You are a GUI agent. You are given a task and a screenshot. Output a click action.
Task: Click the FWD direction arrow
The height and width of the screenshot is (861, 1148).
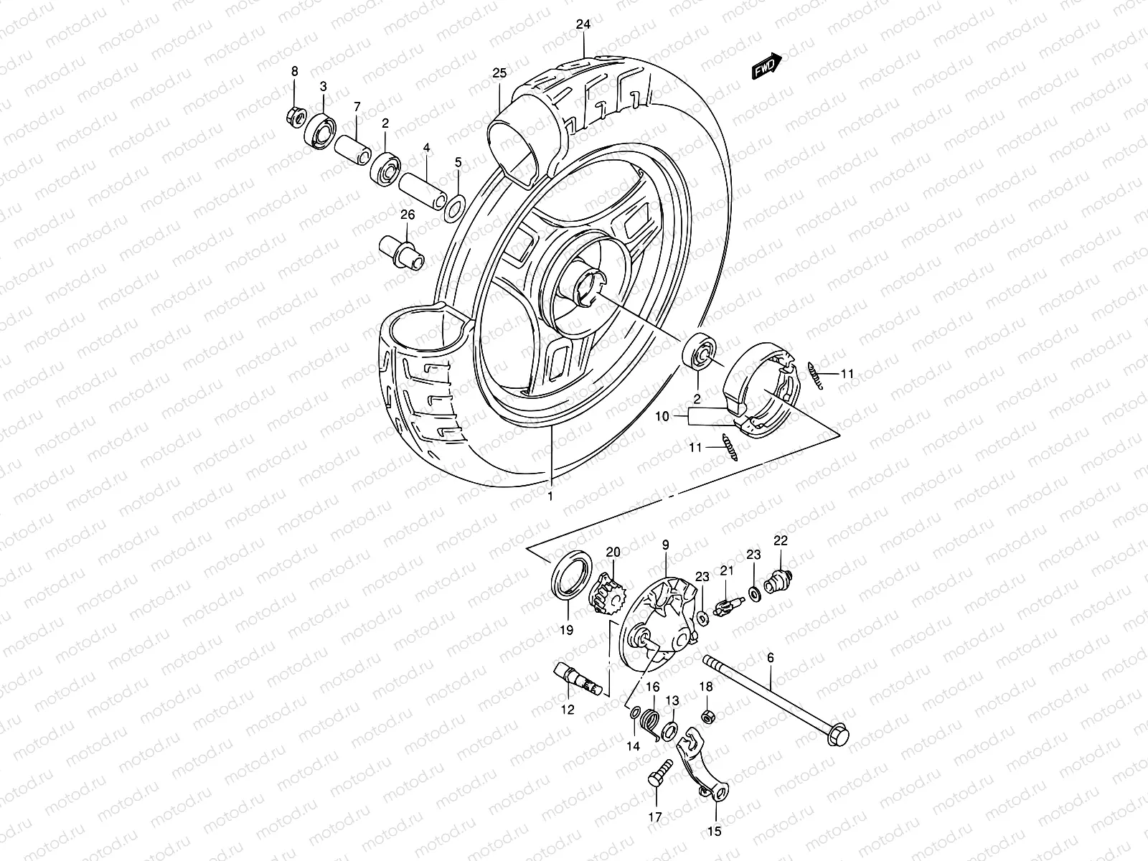click(766, 66)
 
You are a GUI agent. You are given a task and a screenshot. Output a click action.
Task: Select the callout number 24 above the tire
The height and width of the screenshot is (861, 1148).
click(583, 24)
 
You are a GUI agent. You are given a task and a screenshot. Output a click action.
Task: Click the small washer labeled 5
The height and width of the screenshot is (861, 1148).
click(453, 208)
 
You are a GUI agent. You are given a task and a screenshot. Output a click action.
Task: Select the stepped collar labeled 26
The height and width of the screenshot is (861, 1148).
click(402, 254)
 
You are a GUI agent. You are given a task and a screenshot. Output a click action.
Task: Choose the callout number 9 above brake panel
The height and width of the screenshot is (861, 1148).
click(665, 545)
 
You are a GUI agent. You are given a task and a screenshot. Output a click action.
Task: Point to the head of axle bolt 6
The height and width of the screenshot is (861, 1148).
click(837, 736)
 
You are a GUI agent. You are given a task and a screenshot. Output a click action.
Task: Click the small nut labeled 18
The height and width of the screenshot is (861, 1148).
click(706, 717)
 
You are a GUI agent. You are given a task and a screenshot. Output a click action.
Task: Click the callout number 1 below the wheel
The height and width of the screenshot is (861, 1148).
click(551, 496)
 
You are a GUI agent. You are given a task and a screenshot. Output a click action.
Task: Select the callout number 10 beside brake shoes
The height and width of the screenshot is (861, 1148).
click(662, 415)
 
